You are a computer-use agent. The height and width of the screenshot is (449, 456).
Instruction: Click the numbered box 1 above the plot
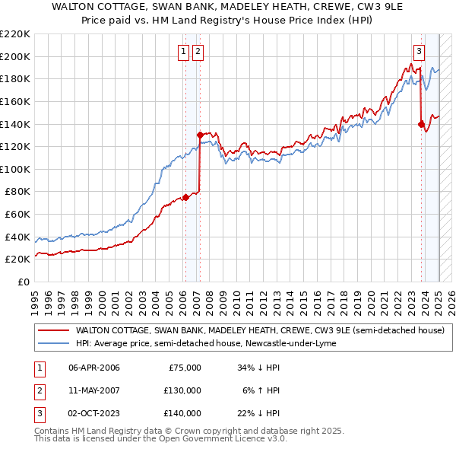[184, 52]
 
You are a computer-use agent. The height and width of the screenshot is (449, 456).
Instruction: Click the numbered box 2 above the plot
[198, 52]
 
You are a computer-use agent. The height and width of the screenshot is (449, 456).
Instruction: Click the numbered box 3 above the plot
[419, 52]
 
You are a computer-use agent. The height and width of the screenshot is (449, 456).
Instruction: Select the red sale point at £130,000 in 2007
[200, 135]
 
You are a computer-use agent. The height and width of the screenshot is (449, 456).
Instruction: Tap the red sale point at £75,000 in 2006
[185, 197]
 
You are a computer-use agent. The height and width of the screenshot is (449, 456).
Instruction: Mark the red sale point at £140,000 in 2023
[421, 124]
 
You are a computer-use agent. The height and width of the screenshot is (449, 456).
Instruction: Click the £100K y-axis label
[15, 169]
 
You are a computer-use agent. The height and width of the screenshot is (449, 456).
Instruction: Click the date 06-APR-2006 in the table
[94, 368]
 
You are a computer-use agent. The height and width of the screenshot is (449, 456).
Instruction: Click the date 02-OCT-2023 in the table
[94, 413]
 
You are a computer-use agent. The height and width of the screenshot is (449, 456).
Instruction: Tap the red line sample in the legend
[54, 331]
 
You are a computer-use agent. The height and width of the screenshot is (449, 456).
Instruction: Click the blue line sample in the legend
[54, 343]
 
